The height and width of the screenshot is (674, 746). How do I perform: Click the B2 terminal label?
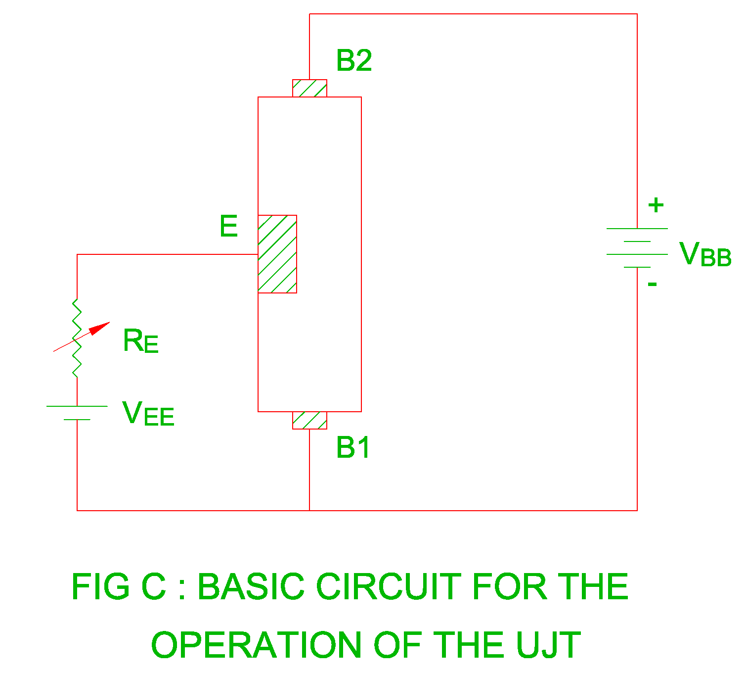(353, 61)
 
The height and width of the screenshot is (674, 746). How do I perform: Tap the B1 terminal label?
(352, 448)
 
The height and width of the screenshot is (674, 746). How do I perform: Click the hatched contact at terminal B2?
(309, 89)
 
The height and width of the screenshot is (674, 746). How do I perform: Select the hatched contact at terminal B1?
(309, 420)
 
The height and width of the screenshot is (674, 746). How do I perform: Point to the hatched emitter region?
(277, 254)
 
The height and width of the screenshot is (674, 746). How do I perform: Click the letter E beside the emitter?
(229, 227)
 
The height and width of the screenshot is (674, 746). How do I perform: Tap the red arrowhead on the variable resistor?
(101, 328)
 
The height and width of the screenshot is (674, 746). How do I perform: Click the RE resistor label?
(140, 341)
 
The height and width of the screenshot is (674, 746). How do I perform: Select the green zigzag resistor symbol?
(77, 338)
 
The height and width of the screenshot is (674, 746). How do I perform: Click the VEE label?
(148, 414)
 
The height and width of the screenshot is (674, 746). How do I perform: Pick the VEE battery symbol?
(77, 413)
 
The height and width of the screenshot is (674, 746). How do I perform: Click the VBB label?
(705, 255)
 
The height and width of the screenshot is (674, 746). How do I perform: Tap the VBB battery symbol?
(637, 248)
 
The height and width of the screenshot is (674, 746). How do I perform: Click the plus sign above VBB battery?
(656, 205)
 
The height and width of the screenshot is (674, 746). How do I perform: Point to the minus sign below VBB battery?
(652, 284)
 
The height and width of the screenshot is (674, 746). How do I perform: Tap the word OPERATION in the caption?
(256, 645)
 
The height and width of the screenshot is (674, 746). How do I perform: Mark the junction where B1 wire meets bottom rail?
(309, 510)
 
